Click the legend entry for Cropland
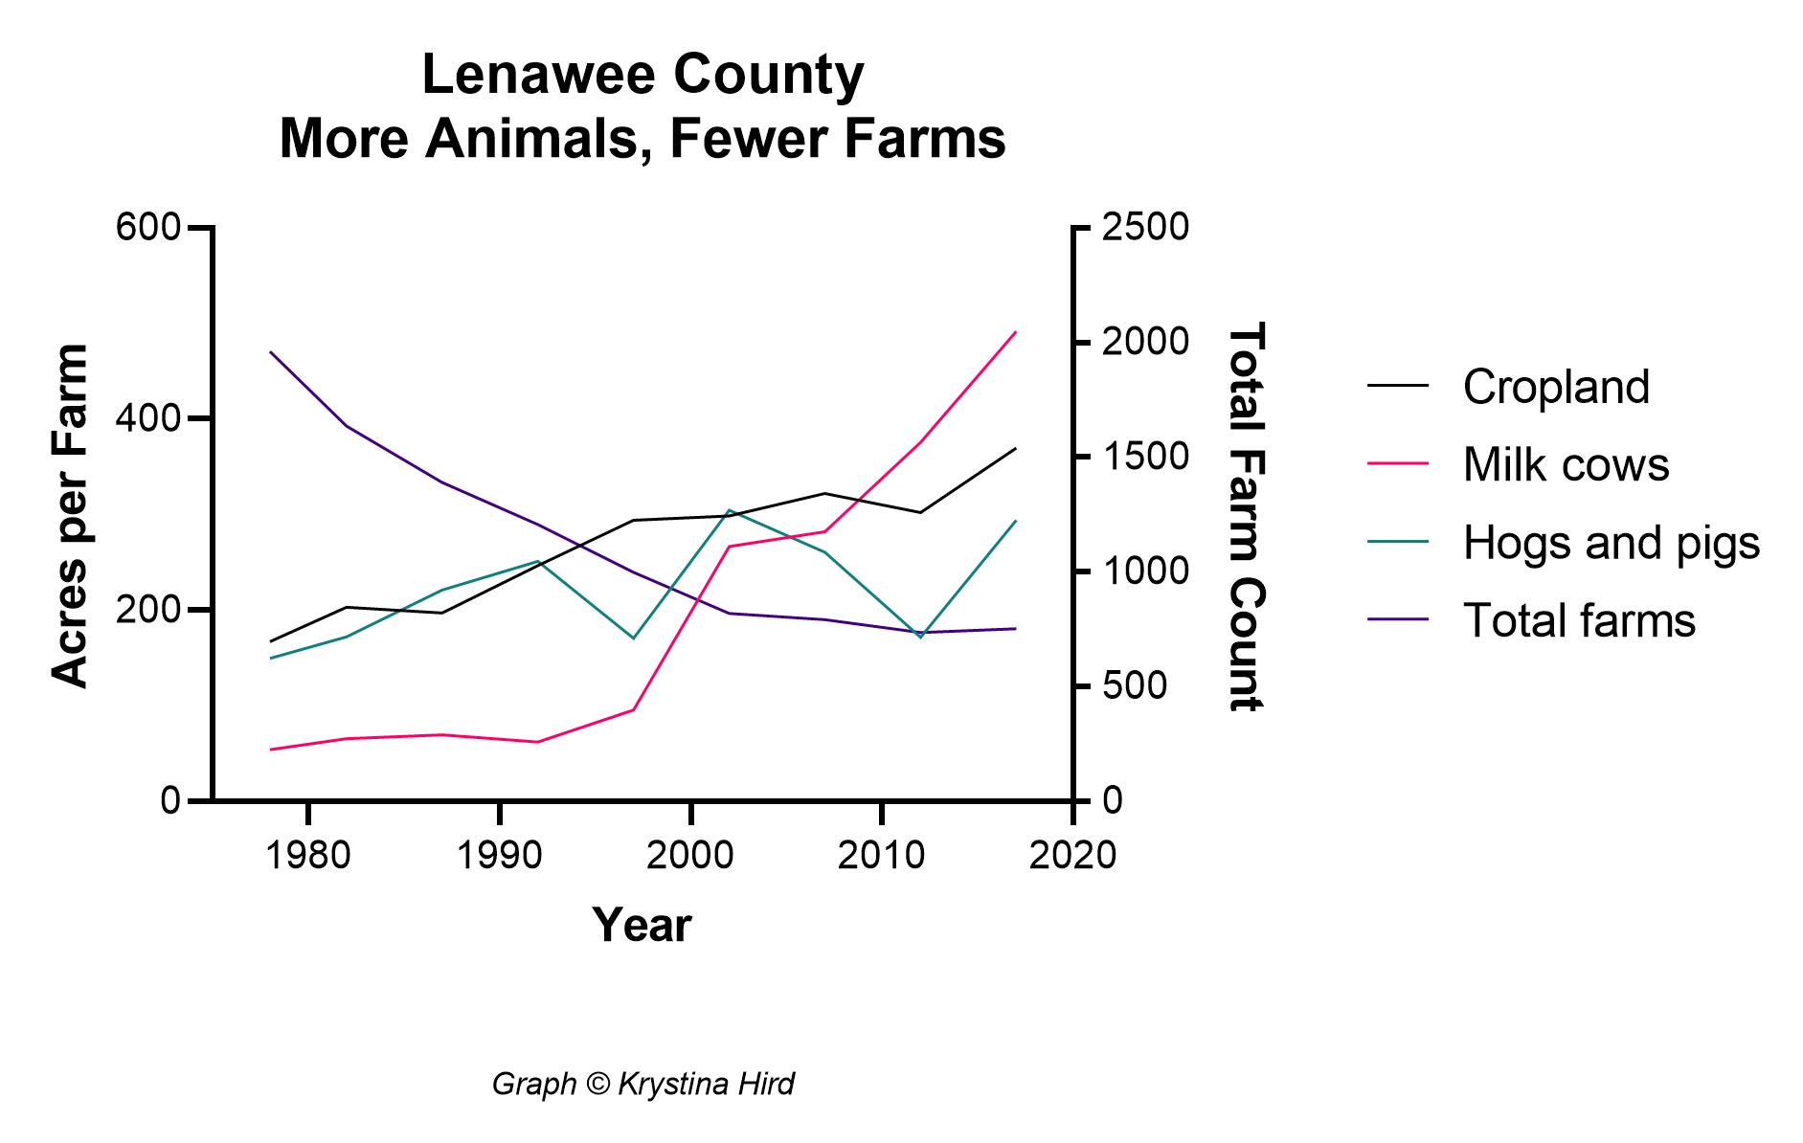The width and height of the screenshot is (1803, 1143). [x=1556, y=387]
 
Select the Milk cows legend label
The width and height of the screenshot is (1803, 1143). [x=1566, y=465]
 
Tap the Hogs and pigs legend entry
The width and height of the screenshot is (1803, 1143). [x=1611, y=543]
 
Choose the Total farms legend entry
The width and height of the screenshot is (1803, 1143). [x=1579, y=620]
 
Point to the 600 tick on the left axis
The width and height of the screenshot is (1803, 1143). [x=147, y=228]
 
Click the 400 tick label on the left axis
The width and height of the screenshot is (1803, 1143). [x=147, y=418]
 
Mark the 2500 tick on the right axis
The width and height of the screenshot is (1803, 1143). [x=1145, y=228]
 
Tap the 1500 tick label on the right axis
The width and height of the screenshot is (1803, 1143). [x=1145, y=457]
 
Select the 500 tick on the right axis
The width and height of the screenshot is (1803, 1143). [x=1134, y=686]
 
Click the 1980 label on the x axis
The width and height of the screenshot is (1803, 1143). [x=307, y=855]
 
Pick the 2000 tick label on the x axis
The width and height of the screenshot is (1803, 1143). [x=689, y=855]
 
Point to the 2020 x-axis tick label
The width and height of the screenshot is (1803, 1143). [x=1072, y=855]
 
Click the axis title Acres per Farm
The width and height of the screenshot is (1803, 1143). [x=69, y=515]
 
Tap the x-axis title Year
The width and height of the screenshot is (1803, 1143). [x=642, y=925]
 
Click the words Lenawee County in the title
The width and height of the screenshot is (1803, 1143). [x=642, y=76]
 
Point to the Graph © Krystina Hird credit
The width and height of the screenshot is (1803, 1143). [x=642, y=1084]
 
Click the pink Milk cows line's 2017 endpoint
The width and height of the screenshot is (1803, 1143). [x=1015, y=332]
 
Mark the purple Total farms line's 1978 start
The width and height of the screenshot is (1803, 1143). [x=271, y=352]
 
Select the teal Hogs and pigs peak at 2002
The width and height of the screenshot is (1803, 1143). [x=730, y=510]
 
